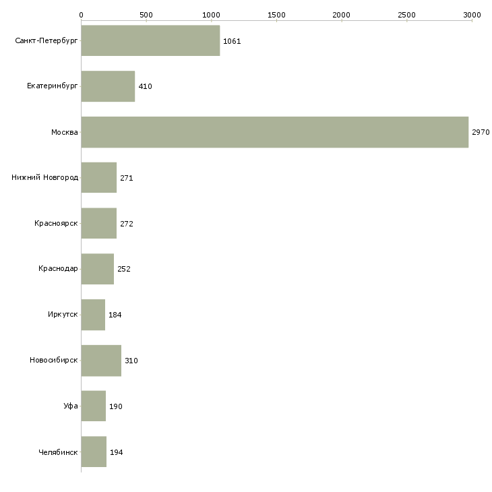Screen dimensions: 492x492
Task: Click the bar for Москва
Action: (275, 132)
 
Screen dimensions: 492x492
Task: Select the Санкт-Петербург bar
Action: (150, 40)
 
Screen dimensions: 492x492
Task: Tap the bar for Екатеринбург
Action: (108, 86)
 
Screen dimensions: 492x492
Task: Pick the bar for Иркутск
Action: (93, 315)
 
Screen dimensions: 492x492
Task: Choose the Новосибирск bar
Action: (101, 361)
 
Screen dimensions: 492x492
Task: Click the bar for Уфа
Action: (94, 406)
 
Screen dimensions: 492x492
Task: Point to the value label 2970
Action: (481, 132)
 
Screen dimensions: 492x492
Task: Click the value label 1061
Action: (232, 41)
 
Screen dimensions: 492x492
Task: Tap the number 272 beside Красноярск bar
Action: (127, 224)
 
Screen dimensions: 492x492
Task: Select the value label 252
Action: (124, 269)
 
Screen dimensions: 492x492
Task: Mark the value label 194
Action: (117, 452)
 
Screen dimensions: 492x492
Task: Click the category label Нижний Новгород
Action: (44, 178)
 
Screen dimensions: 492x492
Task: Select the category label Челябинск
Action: (58, 452)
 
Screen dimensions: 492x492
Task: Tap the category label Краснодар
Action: (58, 269)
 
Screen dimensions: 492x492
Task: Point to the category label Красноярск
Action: (56, 223)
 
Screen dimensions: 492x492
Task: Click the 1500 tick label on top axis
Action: (276, 15)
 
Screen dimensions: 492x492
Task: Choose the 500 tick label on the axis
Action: (146, 15)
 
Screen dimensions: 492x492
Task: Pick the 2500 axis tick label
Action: (406, 15)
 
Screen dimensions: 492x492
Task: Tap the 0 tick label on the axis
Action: (82, 15)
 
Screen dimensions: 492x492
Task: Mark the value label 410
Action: (146, 86)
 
